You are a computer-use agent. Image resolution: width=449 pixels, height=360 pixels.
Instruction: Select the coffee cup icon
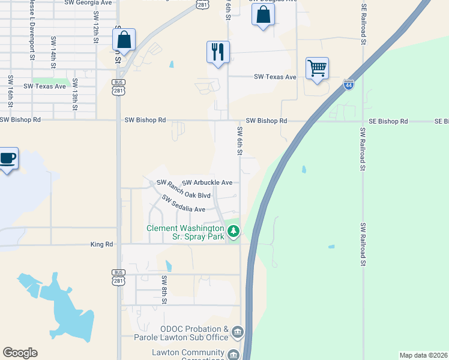pos(8,158)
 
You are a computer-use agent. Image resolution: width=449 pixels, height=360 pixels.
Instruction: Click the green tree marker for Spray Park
pos(234,230)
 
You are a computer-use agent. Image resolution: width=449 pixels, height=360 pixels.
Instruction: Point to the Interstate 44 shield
pos(349,85)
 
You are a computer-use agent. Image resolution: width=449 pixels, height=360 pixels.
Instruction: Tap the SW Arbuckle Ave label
pos(207,182)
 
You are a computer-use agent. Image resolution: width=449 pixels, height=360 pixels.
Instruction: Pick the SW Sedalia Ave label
pos(184,204)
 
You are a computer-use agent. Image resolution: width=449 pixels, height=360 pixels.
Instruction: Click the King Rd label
pos(101,244)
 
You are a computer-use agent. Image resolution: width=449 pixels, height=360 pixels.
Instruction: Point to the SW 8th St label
pos(163,289)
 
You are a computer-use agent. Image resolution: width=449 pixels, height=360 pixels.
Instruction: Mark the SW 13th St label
pos(75,90)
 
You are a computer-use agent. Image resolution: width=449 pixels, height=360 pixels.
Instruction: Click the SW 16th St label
pos(11,89)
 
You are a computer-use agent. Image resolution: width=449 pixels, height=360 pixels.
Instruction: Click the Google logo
pos(20,353)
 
